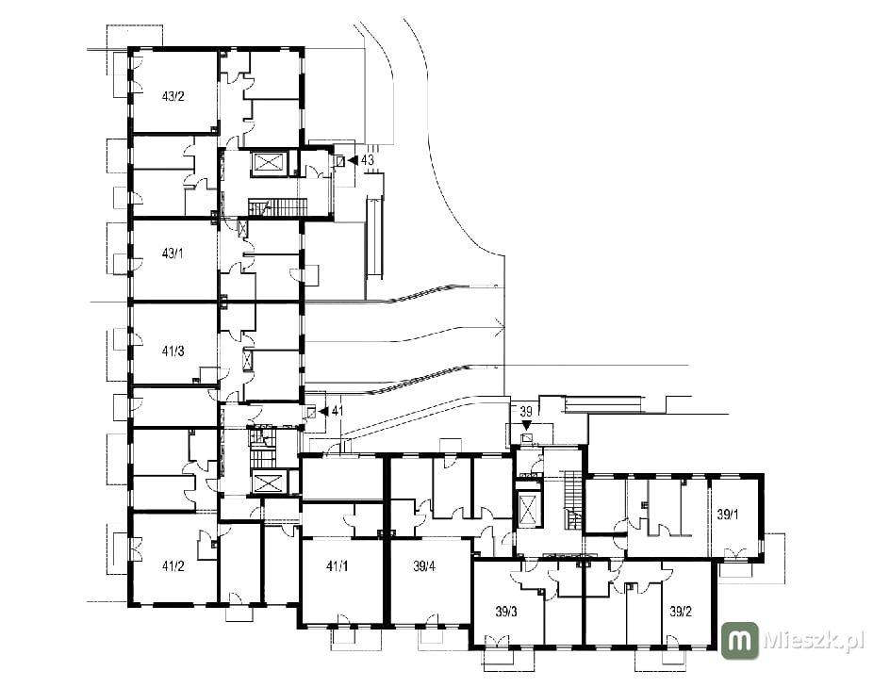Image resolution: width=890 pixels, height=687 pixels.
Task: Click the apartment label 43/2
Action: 173,96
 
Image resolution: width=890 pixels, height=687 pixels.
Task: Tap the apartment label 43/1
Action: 173,254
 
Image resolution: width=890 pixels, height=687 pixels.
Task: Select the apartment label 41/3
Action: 173,352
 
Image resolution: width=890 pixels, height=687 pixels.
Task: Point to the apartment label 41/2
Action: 173,565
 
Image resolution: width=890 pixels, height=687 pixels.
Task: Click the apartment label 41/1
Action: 338,565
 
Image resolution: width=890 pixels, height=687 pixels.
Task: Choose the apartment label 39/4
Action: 424,565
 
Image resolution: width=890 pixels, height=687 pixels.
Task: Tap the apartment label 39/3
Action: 505,613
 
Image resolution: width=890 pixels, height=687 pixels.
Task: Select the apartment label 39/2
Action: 681,613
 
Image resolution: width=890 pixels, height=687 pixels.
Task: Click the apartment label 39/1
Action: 728,515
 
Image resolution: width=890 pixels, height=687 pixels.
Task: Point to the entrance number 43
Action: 368,160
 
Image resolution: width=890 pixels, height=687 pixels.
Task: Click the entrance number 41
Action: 338,411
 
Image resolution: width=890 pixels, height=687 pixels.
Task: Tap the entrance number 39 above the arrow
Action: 526,411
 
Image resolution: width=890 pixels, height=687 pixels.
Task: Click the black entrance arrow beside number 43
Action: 352,160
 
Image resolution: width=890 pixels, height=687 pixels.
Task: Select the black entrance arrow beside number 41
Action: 323,411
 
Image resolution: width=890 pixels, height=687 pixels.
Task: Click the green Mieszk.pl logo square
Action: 739,641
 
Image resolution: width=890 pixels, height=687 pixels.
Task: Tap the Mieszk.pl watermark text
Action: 814,641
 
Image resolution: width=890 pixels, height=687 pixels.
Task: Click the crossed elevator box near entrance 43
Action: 267,163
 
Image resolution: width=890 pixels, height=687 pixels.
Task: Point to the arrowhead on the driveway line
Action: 501,327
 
